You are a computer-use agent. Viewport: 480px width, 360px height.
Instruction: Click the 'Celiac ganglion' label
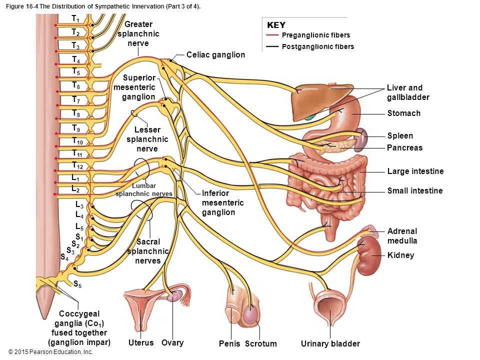216,55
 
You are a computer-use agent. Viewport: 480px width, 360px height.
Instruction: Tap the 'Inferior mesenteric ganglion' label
223,202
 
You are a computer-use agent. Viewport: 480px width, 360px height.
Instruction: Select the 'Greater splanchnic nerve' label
138,33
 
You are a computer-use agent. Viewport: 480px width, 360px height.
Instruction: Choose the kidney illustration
368,255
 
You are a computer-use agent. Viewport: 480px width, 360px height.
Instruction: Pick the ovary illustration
175,296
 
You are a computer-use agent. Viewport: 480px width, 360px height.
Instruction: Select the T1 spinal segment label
75,19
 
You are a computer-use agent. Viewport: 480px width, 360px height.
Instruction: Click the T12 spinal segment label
77,165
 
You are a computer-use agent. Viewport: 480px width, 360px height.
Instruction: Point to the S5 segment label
77,284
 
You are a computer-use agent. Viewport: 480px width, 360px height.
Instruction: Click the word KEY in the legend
276,25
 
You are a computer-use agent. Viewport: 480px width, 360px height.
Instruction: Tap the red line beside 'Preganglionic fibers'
272,35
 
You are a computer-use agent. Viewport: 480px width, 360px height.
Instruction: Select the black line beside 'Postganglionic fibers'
272,46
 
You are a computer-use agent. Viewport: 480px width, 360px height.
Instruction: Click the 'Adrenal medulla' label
402,235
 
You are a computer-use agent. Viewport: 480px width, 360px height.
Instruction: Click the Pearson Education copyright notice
51,352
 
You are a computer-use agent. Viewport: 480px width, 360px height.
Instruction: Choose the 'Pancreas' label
404,148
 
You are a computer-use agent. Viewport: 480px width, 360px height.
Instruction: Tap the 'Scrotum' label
261,344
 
